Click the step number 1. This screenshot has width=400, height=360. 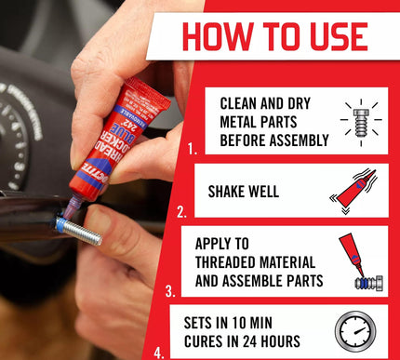[x=193, y=147]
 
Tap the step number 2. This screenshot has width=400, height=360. [x=183, y=212]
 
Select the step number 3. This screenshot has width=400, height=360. [x=171, y=291]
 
